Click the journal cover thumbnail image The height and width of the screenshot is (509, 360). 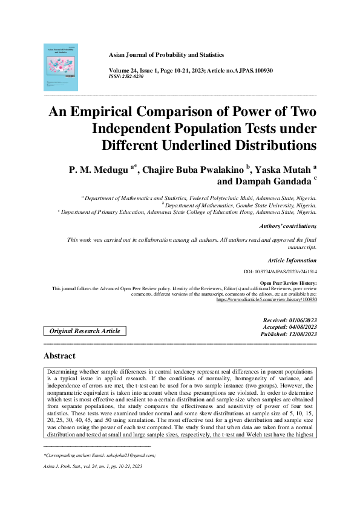pyautogui.click(x=61, y=67)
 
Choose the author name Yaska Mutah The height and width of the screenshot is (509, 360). pyautogui.click(x=279, y=169)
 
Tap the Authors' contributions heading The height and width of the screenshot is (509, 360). pyautogui.click(x=288, y=225)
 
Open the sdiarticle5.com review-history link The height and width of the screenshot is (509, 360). pyautogui.click(x=266, y=299)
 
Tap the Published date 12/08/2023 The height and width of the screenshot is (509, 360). pyautogui.click(x=289, y=334)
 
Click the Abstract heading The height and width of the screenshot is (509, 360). pyautogui.click(x=59, y=356)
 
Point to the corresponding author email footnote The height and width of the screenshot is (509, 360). pyautogui.click(x=100, y=455)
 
